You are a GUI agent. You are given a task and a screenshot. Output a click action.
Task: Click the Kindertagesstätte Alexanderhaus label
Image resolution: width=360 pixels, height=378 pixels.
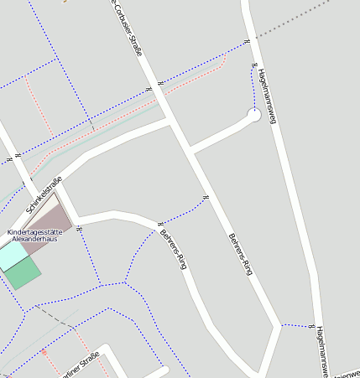click(x=39, y=235)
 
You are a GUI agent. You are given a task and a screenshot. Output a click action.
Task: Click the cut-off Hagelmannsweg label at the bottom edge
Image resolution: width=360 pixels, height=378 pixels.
click(x=322, y=352)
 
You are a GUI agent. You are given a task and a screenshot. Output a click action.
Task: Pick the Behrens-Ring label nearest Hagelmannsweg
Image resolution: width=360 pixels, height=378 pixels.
click(x=240, y=255)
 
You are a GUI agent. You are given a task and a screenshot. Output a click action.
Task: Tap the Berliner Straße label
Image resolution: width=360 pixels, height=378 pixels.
click(x=80, y=366)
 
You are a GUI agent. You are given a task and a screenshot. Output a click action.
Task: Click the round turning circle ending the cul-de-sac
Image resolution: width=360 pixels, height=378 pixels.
click(x=254, y=115)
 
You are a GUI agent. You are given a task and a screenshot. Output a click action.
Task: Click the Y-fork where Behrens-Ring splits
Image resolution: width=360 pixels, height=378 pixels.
click(x=276, y=325)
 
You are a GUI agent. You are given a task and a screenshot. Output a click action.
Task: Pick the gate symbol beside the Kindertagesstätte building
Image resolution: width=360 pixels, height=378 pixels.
click(x=78, y=228)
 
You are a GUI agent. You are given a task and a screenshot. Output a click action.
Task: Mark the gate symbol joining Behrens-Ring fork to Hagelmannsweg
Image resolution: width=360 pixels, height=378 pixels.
click(x=310, y=325)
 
